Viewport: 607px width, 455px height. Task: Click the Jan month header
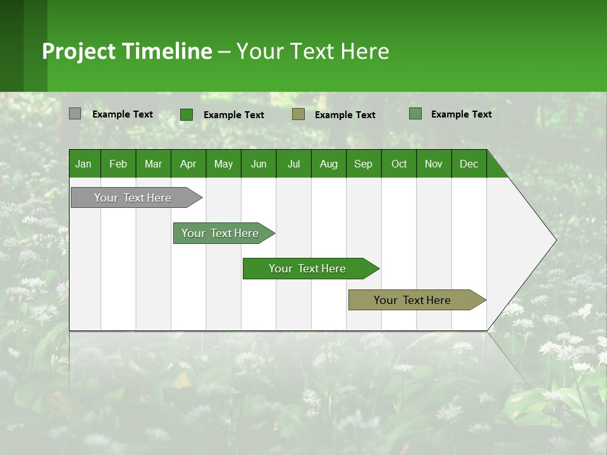[83, 164]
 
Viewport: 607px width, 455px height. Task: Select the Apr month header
[188, 164]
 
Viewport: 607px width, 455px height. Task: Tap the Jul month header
[293, 164]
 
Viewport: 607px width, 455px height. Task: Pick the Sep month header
[363, 164]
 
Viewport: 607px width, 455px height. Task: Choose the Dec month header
[469, 164]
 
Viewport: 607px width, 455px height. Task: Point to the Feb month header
[118, 164]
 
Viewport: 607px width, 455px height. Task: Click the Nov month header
[434, 164]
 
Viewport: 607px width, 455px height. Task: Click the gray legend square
[75, 114]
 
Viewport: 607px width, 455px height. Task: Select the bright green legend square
[187, 114]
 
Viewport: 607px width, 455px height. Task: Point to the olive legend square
[298, 114]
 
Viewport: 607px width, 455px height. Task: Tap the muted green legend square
[415, 114]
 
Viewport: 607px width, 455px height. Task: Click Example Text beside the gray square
[123, 114]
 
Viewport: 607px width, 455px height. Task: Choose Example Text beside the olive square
[345, 115]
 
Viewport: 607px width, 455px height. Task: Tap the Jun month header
[259, 164]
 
